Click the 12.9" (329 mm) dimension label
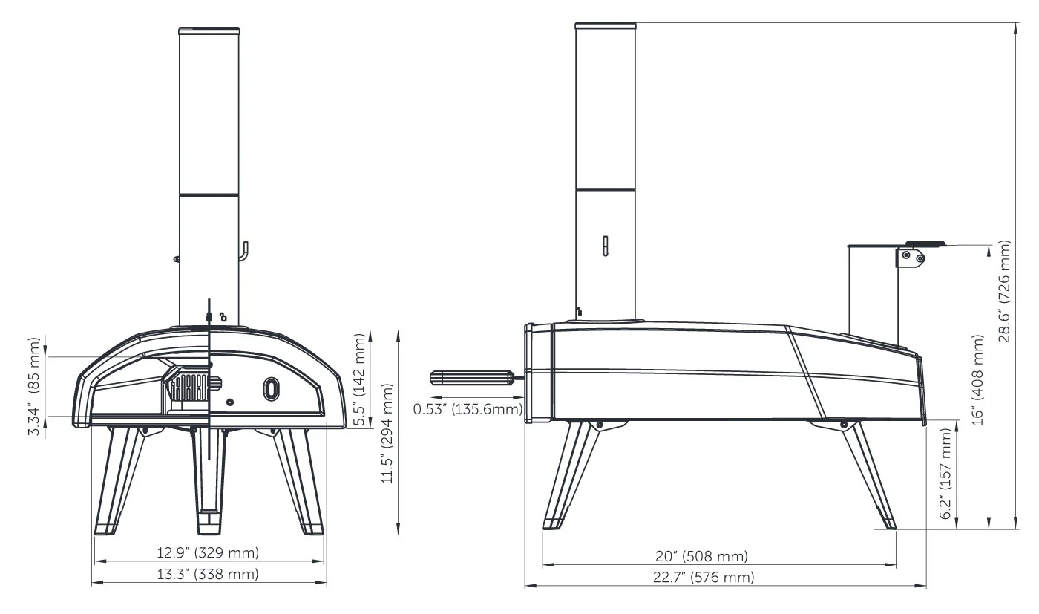[208, 552]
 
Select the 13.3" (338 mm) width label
[208, 574]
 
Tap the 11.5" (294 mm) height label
[387, 434]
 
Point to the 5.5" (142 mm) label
[360, 379]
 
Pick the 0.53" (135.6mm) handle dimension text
[468, 409]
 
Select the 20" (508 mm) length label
[702, 556]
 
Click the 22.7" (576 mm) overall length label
[704, 578]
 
